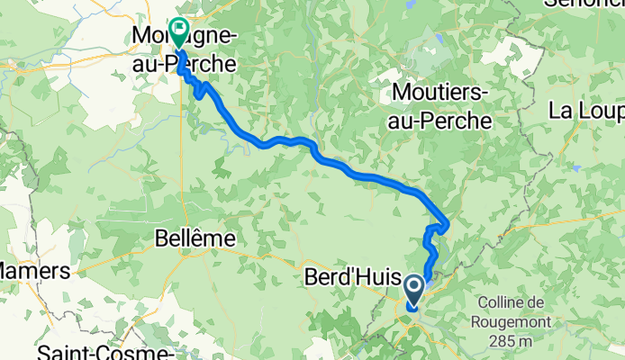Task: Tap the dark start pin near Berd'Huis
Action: (x=413, y=291)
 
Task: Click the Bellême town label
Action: (x=195, y=238)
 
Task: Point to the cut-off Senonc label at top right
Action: (x=584, y=4)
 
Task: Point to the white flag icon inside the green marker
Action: (x=178, y=30)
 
